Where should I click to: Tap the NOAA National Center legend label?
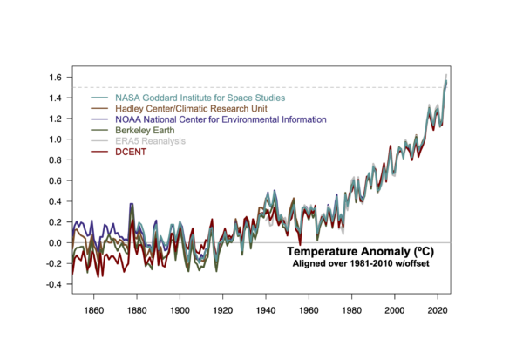tap(221, 119)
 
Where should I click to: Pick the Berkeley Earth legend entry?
tap(153, 130)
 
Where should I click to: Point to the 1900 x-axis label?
tap(180, 309)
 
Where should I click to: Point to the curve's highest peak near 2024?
tap(446, 77)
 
